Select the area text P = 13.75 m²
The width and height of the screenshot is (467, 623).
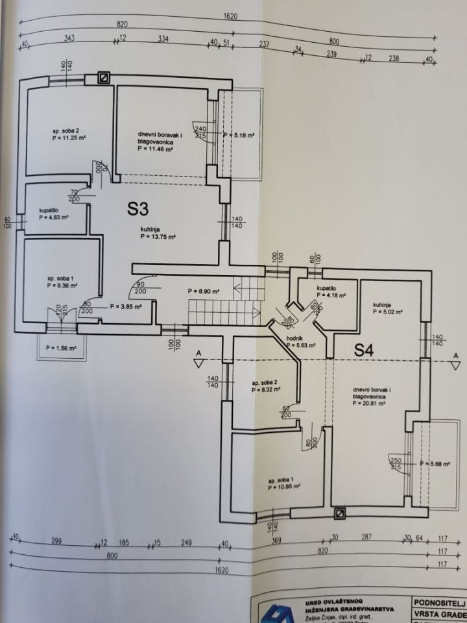tap(159, 237)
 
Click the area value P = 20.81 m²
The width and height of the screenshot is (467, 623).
tap(370, 402)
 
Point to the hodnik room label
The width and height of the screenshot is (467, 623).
tap(296, 337)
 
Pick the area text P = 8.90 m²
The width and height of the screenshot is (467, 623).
tap(202, 291)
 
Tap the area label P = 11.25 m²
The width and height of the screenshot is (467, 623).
tap(70, 138)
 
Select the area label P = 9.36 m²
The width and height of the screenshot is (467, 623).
tap(62, 285)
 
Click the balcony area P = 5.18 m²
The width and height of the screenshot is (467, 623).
tap(239, 136)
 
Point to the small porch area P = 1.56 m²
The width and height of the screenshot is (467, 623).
tap(62, 348)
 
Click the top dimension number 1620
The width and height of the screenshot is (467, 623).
tap(230, 16)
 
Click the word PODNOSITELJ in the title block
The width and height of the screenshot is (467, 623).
tap(439, 602)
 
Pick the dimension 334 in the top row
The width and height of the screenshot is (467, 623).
tap(163, 39)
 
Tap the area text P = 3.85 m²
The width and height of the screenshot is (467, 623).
tap(126, 306)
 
